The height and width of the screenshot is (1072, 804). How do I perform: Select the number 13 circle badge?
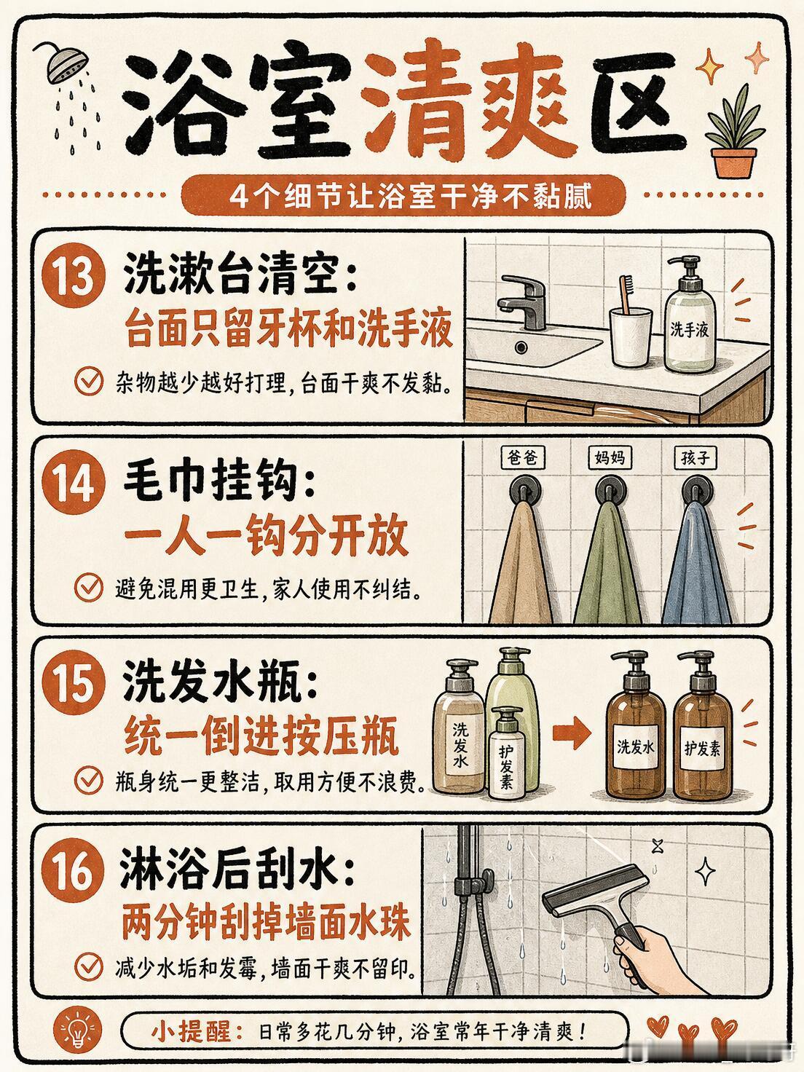pos(74,275)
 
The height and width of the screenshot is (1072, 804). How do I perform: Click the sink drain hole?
pos(521,347)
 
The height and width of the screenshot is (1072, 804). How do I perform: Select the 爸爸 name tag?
pos(522,457)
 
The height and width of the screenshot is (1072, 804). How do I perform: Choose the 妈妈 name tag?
pos(610,457)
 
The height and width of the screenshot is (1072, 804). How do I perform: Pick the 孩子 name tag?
pos(695,457)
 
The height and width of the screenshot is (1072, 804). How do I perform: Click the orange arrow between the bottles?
pos(572,732)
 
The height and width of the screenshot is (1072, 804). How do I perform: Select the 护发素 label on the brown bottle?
pos(702,748)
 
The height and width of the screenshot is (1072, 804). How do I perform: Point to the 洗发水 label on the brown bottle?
pos(635,746)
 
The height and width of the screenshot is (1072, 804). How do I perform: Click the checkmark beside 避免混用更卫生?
pos(89,588)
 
